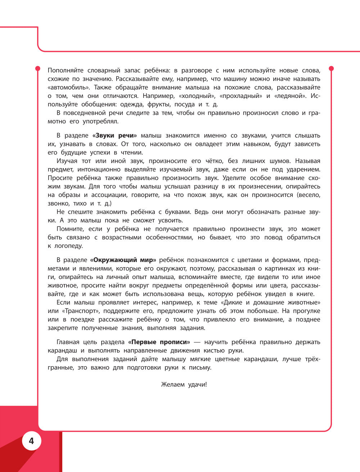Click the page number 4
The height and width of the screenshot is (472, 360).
click(31, 441)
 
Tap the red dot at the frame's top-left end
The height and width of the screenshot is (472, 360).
click(37, 68)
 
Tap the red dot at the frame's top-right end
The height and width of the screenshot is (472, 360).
click(332, 68)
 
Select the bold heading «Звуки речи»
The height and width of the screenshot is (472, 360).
click(115, 136)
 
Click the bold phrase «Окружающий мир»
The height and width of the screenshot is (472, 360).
click(123, 260)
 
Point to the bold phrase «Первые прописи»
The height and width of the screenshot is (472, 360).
click(159, 342)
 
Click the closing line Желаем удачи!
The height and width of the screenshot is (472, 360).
click(184, 385)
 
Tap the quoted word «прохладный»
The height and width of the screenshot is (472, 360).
click(240, 96)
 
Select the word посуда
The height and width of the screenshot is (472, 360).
click(184, 104)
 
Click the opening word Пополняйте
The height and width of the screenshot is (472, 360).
click(66, 71)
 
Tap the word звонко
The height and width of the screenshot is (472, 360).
click(58, 203)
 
